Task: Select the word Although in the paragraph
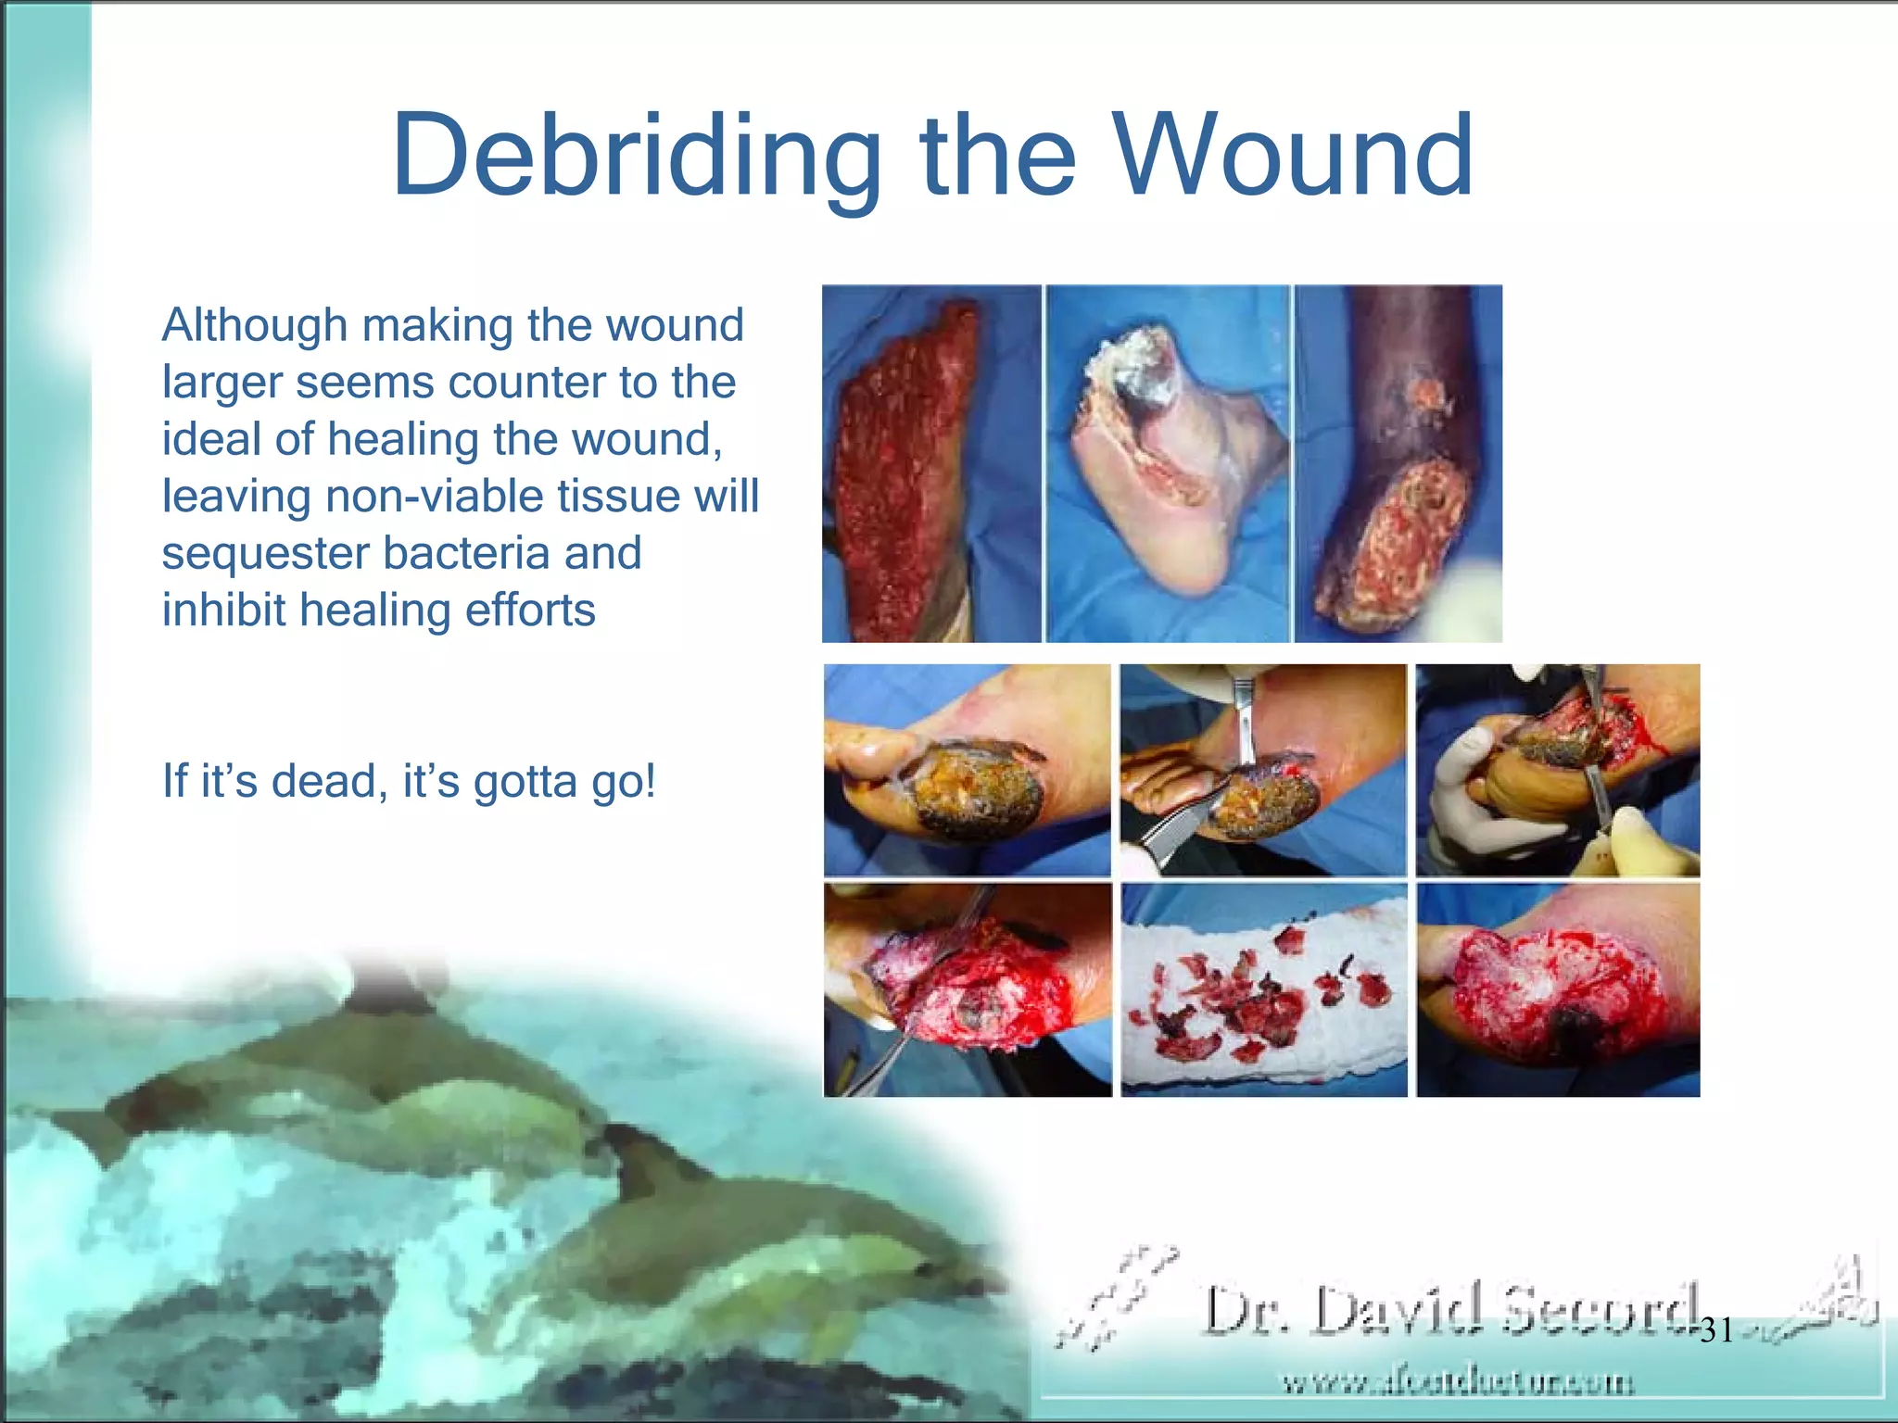[255, 326]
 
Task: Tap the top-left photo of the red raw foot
[930, 463]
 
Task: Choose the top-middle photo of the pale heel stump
[1167, 463]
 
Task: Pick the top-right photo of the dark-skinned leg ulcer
[1398, 463]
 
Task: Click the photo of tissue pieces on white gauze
[1263, 990]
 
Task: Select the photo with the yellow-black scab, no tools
[967, 770]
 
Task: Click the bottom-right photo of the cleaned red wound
[1558, 990]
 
